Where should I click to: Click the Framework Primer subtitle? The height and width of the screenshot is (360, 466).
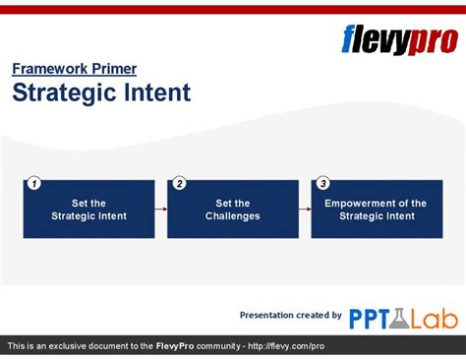point(74,69)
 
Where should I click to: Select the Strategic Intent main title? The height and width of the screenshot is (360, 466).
point(100,93)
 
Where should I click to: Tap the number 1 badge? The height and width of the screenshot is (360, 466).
point(33,183)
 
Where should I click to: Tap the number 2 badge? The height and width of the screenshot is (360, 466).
point(178,183)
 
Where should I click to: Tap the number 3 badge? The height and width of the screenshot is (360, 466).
point(322,183)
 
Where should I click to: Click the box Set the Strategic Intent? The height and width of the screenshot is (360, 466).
point(88,210)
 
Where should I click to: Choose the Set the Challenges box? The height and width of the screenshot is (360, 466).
point(233,210)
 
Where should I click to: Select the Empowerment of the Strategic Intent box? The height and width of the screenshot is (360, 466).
point(377,210)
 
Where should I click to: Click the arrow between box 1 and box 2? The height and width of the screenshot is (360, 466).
point(160,209)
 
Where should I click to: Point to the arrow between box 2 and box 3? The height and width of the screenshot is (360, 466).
point(305,209)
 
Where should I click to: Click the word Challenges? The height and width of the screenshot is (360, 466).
point(233,216)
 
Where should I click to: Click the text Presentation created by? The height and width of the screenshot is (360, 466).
point(291,315)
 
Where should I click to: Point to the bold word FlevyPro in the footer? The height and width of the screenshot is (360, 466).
point(178,347)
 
